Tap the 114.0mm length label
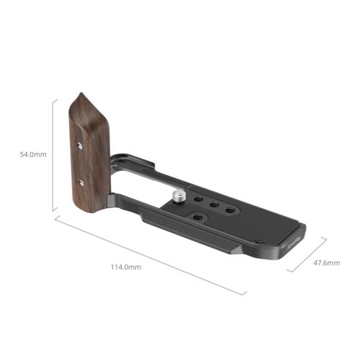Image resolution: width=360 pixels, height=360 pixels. (126, 267)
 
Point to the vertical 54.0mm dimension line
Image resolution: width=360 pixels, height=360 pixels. (54, 155)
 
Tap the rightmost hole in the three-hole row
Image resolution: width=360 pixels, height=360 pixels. (231, 210)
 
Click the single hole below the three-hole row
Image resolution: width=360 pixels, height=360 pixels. (197, 215)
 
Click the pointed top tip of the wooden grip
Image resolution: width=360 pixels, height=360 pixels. (80, 94)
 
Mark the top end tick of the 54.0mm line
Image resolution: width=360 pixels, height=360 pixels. (54, 99)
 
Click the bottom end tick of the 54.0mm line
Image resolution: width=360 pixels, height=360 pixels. (54, 212)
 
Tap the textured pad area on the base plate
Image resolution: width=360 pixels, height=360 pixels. (259, 227)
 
